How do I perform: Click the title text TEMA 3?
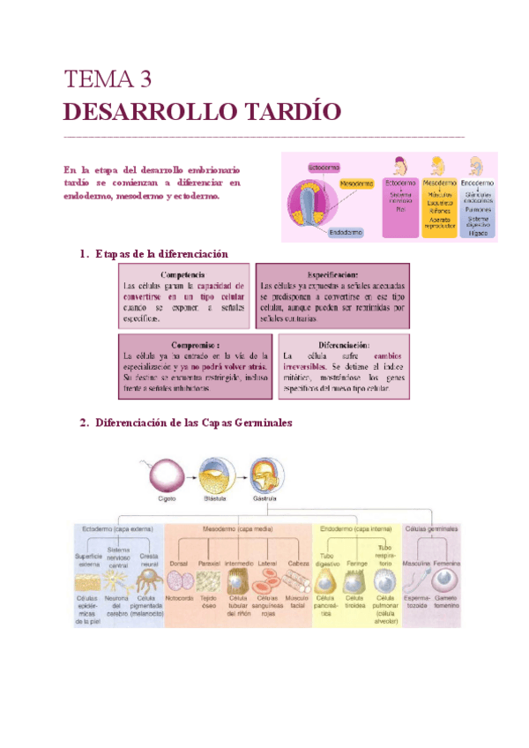(109, 80)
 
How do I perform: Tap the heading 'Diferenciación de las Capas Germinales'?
(192, 422)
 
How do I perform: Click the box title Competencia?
(184, 274)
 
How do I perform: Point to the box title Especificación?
(332, 274)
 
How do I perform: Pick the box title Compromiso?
(195, 343)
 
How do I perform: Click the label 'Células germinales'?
(431, 528)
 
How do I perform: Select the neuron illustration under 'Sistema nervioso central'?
(119, 582)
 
